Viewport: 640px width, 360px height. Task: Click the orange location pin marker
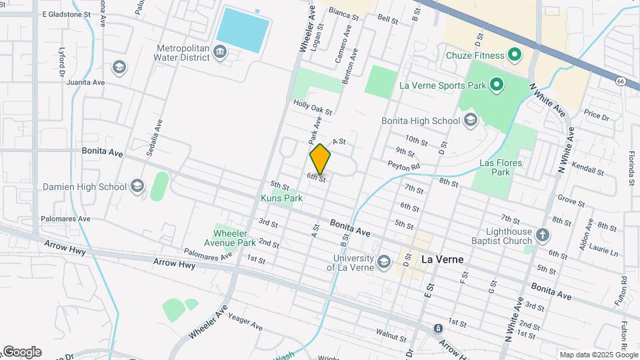(320, 159)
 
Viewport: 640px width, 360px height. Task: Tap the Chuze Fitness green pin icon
(514, 54)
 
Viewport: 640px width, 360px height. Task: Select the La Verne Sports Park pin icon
(496, 85)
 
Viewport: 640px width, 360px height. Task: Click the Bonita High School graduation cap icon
(471, 121)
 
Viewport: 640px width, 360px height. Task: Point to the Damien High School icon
(138, 186)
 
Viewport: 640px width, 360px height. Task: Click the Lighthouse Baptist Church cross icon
(543, 235)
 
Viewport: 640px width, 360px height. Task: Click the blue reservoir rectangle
(243, 30)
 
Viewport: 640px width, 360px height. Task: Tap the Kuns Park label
(281, 198)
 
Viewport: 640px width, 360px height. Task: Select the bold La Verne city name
(442, 259)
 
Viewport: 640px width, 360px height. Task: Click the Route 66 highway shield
(621, 81)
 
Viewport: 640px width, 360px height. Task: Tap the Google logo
(21, 352)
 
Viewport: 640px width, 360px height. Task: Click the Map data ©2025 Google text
(598, 355)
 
